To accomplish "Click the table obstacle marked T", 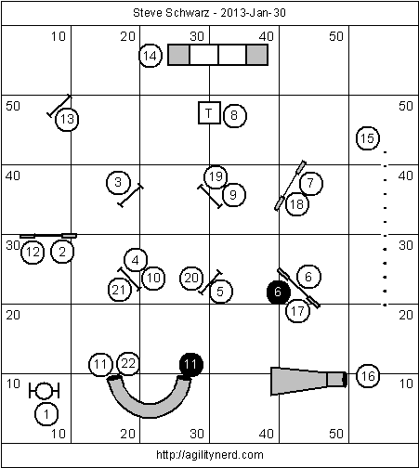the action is tap(209, 113).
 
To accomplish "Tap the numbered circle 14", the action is tap(151, 56).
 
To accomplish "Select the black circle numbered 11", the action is tap(191, 365).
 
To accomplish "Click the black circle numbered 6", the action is tap(279, 292).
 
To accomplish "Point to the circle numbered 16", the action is tap(368, 376).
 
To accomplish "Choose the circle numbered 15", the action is tap(368, 138).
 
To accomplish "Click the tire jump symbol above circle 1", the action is tap(44, 391).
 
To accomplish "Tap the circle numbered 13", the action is tap(67, 119).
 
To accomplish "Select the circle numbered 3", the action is tap(118, 182).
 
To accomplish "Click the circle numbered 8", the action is tap(234, 115).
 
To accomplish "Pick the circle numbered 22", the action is tap(128, 363).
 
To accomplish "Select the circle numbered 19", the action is tap(216, 176).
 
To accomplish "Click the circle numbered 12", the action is tap(33, 253).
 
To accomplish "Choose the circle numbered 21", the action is tap(119, 290).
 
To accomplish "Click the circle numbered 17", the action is tap(297, 311).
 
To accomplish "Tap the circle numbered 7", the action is tap(311, 184).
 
